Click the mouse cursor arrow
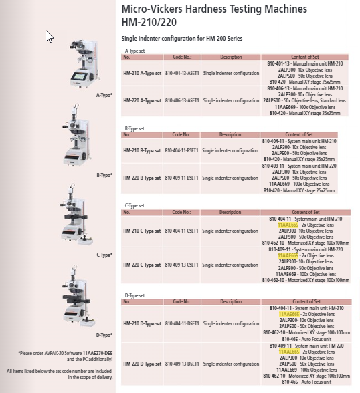pyautogui.click(x=49, y=36)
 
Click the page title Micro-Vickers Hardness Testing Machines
pyautogui.click(x=214, y=9)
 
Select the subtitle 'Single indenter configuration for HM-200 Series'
pyautogui.click(x=181, y=39)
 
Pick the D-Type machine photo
pyautogui.click(x=79, y=301)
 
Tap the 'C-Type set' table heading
pyautogui.click(x=135, y=205)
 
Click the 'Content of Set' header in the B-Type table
pyautogui.click(x=300, y=135)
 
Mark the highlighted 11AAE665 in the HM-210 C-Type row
pyautogui.click(x=288, y=225)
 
